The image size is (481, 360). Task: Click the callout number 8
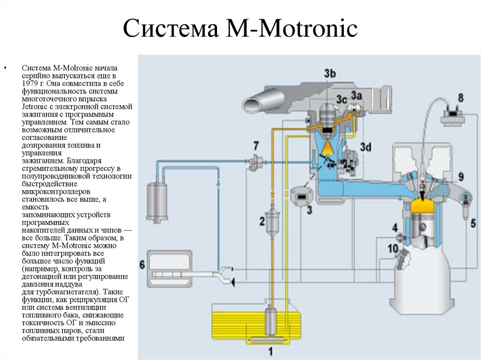(x=460, y=98)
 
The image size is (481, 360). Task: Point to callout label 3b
(x=330, y=73)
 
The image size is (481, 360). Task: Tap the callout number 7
(x=256, y=145)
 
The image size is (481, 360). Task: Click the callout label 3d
(x=366, y=147)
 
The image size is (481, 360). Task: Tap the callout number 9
(x=461, y=176)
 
